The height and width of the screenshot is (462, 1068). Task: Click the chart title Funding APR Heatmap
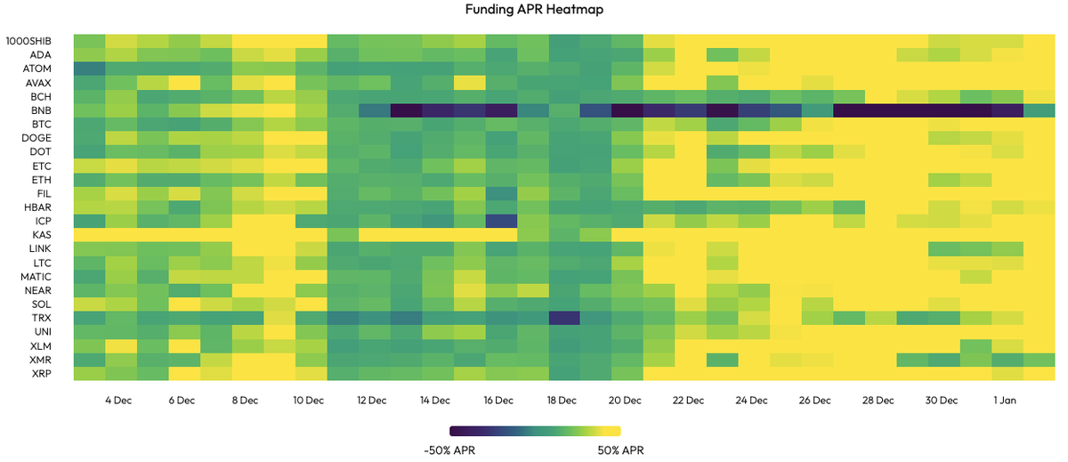pos(534,10)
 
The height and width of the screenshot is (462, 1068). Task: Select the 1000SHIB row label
pos(28,41)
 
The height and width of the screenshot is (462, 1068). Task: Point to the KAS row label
pos(42,235)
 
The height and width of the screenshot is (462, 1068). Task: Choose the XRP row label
pos(42,373)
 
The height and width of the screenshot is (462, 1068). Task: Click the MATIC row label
pos(36,277)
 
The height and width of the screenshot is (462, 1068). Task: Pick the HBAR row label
pos(37,207)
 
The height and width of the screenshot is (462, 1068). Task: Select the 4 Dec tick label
pos(118,401)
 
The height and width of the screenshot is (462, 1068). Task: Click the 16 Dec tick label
pos(498,401)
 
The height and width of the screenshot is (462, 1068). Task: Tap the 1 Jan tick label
pos(1005,401)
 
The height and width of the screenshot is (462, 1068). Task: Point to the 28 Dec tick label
pos(878,401)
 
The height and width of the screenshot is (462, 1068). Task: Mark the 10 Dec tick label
pos(308,401)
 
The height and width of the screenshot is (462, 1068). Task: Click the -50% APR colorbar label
pos(449,450)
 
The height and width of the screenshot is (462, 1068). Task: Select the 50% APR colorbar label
pos(621,450)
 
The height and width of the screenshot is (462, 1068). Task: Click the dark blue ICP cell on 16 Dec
pos(502,222)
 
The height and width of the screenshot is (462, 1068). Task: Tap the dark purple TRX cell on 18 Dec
pos(564,318)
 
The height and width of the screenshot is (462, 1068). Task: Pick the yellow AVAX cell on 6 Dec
pos(184,83)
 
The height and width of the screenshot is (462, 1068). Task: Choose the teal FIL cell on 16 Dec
pos(502,193)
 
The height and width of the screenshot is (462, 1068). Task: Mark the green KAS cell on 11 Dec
pos(343,235)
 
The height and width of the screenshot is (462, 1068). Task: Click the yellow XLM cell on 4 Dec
pos(121,345)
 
